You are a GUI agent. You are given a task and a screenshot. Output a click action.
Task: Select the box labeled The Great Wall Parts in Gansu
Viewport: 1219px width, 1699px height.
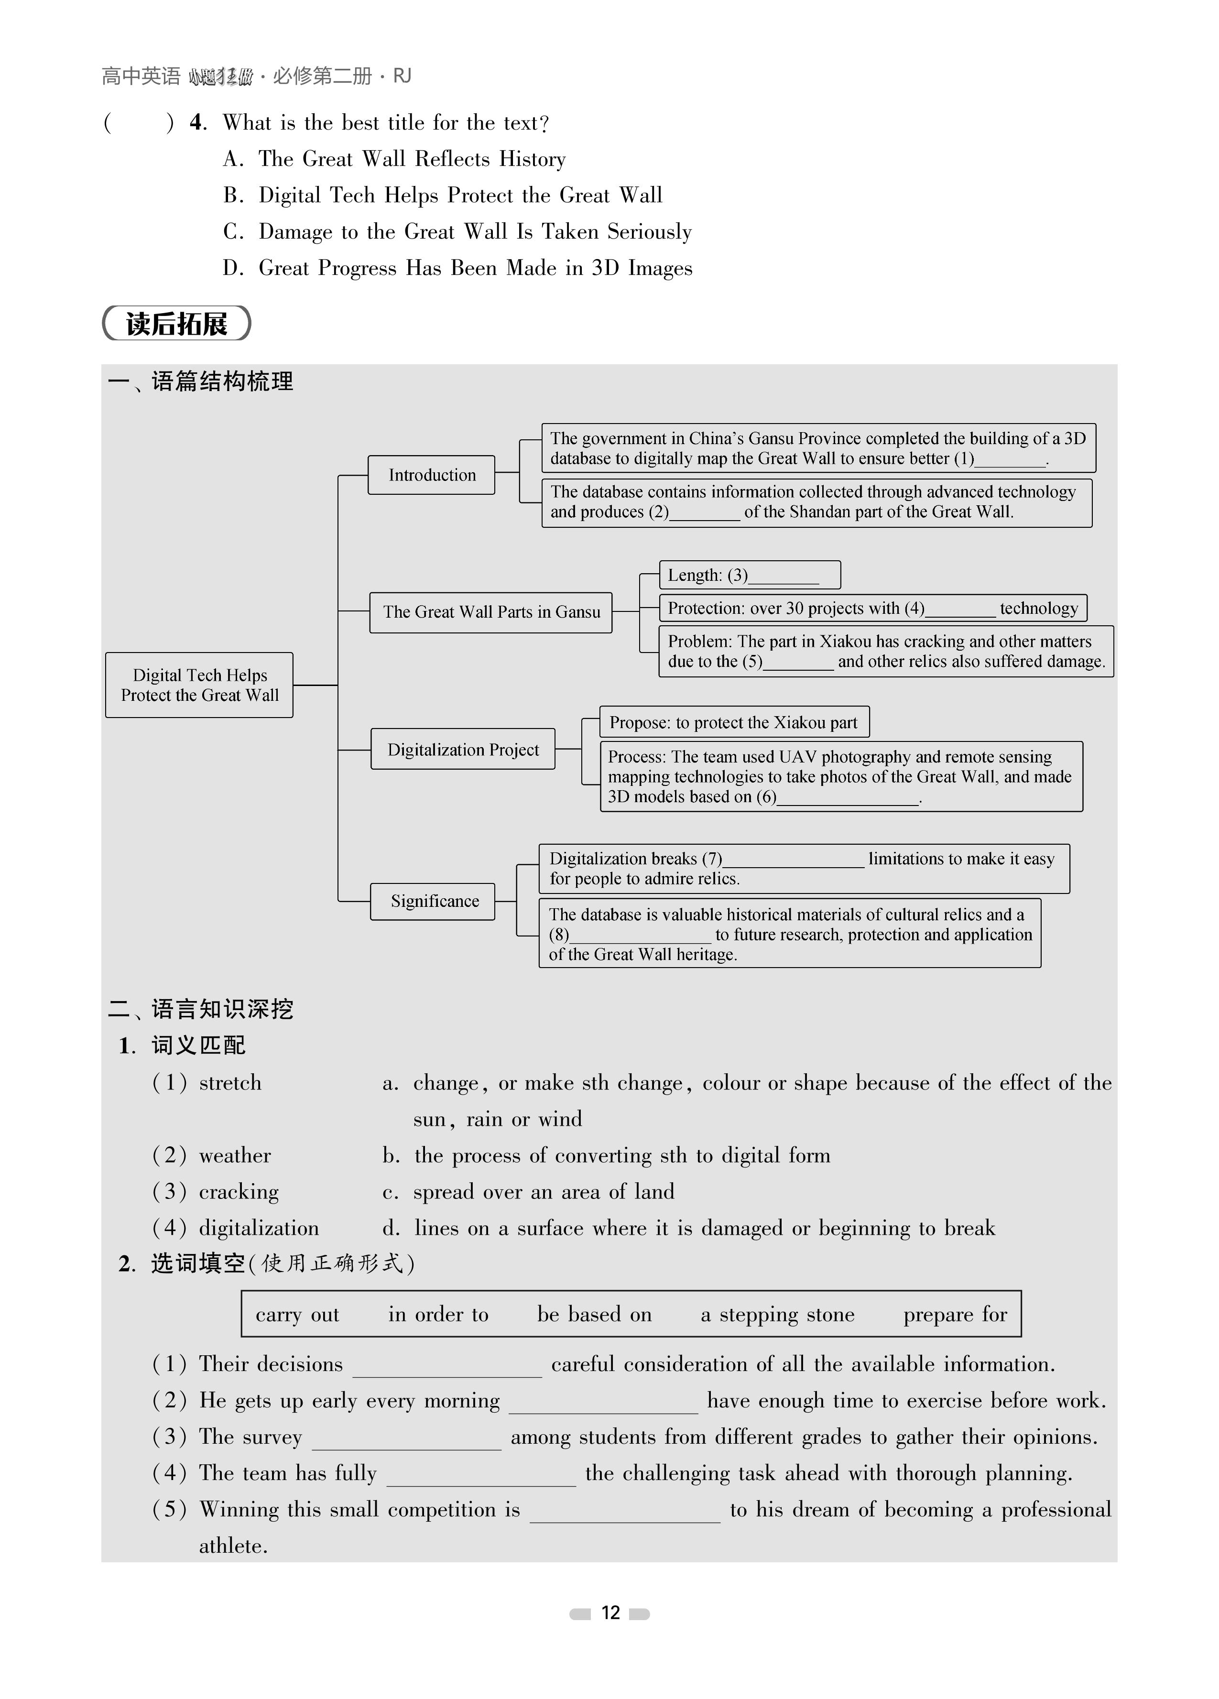click(491, 612)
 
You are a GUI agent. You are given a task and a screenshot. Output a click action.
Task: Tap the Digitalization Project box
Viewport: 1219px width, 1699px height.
click(463, 749)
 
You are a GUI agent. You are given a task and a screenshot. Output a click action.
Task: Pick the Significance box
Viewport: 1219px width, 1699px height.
click(433, 901)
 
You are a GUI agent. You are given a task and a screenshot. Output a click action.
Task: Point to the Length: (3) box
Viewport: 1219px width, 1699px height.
click(749, 575)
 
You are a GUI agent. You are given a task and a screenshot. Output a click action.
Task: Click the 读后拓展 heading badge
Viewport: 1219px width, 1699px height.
click(177, 324)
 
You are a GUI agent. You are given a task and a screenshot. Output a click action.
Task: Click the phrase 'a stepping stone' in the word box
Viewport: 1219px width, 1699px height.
click(777, 1315)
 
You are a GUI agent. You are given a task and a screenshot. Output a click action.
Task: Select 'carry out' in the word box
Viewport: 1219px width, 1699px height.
click(297, 1315)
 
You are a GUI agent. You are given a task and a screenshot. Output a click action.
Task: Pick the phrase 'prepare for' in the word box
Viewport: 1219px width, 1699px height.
click(955, 1315)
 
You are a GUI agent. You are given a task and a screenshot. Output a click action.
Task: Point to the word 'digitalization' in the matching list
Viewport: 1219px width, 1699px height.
click(259, 1228)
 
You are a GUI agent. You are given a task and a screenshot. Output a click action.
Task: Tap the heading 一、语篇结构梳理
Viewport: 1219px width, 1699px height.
click(201, 382)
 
